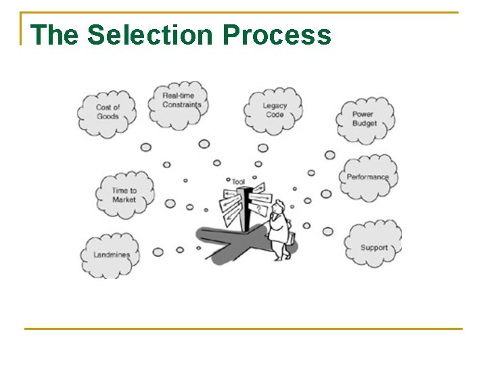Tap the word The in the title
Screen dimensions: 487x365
click(55, 35)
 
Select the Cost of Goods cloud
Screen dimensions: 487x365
click(108, 113)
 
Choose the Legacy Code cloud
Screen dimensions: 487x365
click(274, 109)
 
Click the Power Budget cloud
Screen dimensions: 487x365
click(365, 120)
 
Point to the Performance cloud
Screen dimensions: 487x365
click(368, 177)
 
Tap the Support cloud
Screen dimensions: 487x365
click(373, 246)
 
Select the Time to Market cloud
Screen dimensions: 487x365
click(124, 195)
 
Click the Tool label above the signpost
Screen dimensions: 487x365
click(238, 181)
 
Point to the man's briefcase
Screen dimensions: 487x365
click(292, 238)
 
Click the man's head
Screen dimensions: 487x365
click(279, 207)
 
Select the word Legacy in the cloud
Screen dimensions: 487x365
click(275, 106)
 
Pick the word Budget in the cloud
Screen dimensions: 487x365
click(365, 124)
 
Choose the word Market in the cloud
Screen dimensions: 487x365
click(124, 199)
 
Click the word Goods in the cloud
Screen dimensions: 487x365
click(108, 117)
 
